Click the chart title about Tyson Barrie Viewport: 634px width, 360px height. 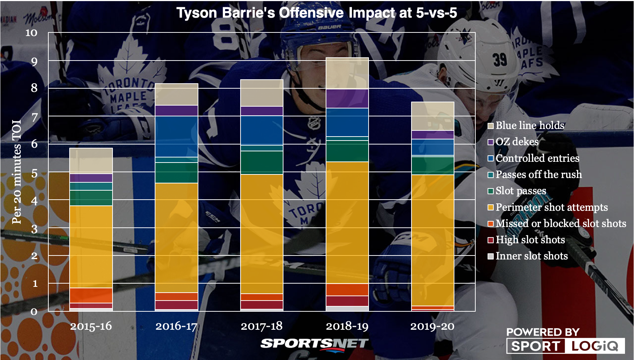pos(317,13)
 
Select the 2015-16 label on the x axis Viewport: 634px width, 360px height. pos(91,326)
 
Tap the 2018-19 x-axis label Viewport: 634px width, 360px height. pos(347,326)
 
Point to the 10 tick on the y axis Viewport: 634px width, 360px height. pos(31,33)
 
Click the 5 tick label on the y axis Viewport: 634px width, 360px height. pos(34,174)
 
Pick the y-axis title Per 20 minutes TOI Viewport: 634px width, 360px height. pos(17,172)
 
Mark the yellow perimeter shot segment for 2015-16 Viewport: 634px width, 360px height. pos(91,246)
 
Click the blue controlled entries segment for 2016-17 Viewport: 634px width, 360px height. pos(176,136)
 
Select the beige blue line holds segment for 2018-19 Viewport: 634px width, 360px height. pos(347,73)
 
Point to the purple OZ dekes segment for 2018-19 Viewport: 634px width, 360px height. pos(347,98)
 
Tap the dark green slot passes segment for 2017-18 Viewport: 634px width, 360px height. pos(262,163)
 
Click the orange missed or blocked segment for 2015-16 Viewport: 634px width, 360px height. pos(91,295)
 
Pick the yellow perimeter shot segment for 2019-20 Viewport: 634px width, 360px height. pos(433,240)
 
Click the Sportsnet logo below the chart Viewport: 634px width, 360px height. pos(314,344)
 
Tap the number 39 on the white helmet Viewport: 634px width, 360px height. pos(500,59)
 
